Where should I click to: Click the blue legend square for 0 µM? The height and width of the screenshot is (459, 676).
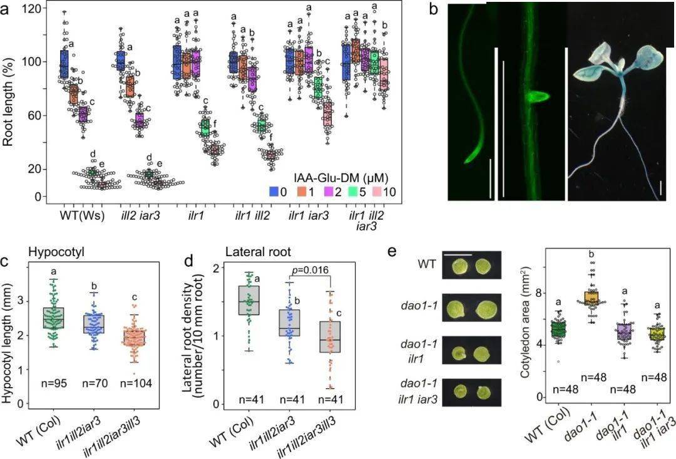[274, 192]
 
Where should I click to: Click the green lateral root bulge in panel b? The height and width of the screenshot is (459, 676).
[537, 98]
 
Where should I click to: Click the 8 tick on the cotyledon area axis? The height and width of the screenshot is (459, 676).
[538, 292]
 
